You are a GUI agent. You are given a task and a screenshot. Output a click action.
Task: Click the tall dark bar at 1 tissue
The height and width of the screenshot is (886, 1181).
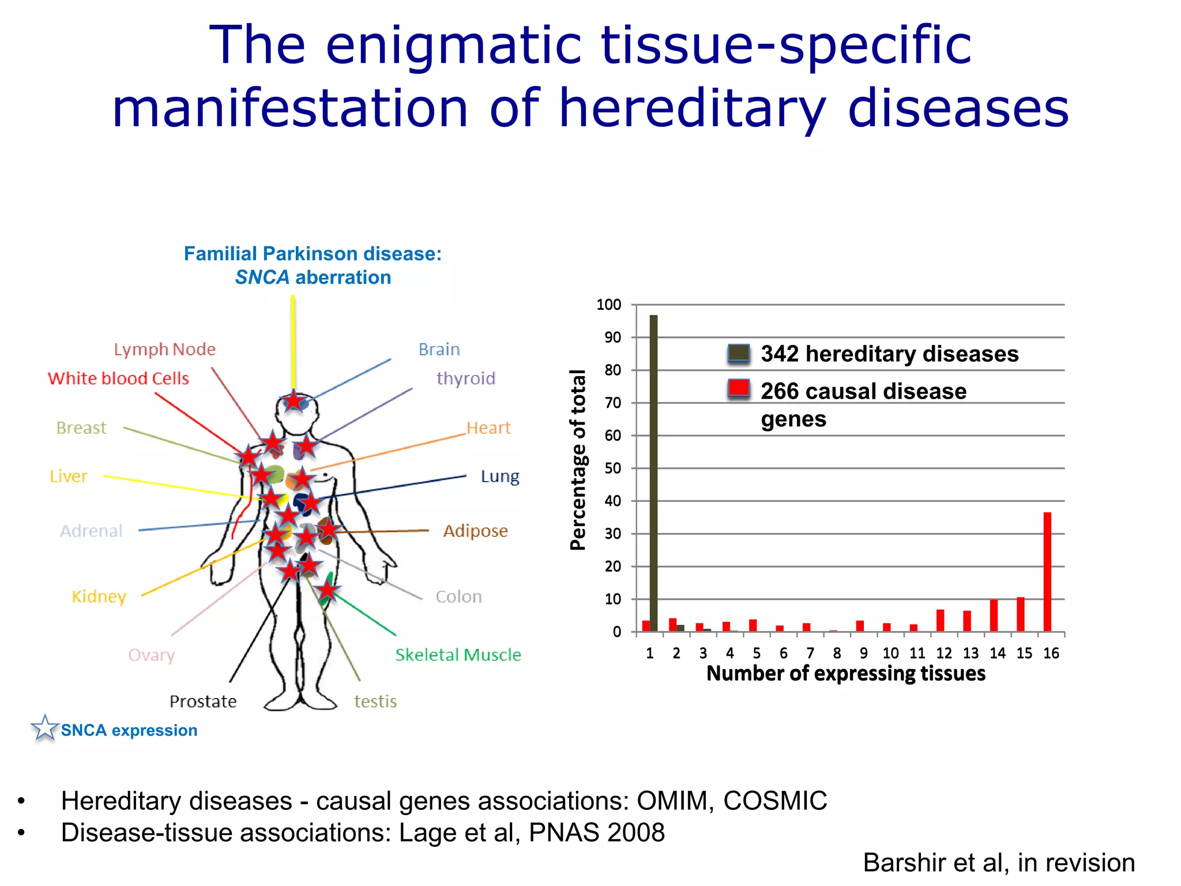(x=653, y=473)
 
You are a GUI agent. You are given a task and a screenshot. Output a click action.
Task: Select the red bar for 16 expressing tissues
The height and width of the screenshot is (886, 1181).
(x=1047, y=571)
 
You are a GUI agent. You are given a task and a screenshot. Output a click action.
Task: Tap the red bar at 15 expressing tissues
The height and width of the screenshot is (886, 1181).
(x=1020, y=614)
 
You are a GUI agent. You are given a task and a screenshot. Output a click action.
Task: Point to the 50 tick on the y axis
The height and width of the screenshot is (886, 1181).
(x=612, y=468)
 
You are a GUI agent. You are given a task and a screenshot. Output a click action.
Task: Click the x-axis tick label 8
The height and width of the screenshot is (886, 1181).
(x=837, y=654)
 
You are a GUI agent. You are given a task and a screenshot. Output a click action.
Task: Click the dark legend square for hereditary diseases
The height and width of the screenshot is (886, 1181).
(x=739, y=353)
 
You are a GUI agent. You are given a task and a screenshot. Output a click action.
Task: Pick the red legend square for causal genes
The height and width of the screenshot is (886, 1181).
(x=739, y=389)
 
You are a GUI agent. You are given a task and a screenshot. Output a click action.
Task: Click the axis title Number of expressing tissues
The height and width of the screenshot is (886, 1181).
(x=846, y=674)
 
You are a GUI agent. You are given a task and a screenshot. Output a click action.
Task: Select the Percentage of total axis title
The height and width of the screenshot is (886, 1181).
(x=578, y=460)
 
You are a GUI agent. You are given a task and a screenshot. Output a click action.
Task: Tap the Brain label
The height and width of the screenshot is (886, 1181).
(x=439, y=350)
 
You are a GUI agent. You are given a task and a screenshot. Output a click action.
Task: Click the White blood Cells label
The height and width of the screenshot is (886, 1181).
(x=118, y=378)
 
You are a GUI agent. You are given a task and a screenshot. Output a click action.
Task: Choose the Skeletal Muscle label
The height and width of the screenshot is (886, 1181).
(x=458, y=655)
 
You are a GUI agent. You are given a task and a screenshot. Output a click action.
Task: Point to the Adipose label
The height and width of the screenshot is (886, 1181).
(x=475, y=531)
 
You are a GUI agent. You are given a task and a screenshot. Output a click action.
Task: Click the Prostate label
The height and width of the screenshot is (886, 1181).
(x=203, y=701)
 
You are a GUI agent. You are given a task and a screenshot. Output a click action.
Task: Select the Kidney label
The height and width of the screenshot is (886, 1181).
(x=99, y=596)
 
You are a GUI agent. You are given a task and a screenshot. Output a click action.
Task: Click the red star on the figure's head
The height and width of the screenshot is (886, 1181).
(x=294, y=400)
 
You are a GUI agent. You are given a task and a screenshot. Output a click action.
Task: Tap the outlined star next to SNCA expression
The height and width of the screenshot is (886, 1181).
(x=44, y=729)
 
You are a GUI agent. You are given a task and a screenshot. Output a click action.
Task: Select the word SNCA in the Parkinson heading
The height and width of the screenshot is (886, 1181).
(x=262, y=277)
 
